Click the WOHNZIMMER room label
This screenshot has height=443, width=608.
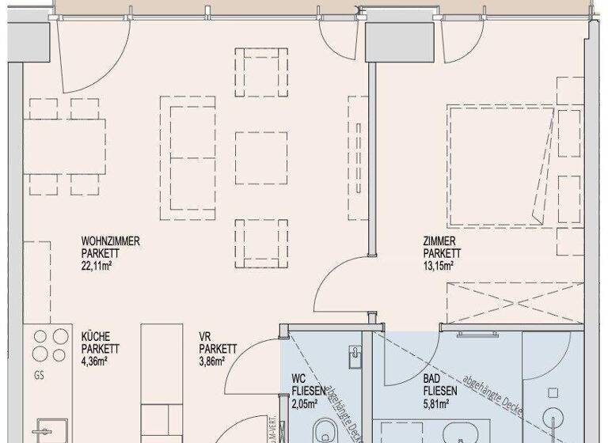tap(111, 241)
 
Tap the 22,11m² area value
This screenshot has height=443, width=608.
tap(100, 265)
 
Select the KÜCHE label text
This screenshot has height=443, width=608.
tap(96, 336)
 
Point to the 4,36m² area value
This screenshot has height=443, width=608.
tap(94, 360)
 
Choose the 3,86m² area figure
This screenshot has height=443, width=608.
tap(212, 360)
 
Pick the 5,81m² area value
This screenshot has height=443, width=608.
tap(436, 403)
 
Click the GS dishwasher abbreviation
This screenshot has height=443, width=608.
tap(38, 376)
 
